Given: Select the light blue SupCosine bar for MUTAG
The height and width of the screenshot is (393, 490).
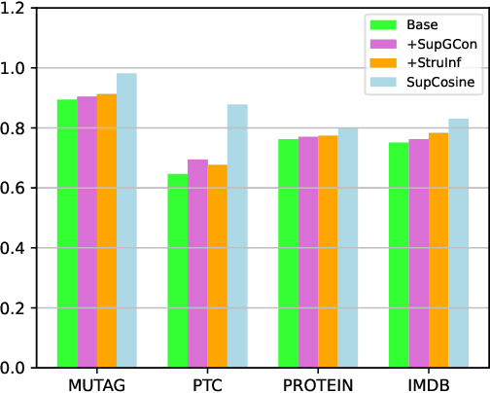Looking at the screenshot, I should [127, 221].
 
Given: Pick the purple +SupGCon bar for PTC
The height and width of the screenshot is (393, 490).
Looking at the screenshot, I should [197, 264].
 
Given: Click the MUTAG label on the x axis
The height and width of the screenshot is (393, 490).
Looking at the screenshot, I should [97, 382].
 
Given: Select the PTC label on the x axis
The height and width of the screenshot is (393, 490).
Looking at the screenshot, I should [207, 382].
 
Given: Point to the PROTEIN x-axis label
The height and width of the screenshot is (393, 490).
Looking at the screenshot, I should [318, 382].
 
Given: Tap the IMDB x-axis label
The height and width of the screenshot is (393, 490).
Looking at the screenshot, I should [429, 382].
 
